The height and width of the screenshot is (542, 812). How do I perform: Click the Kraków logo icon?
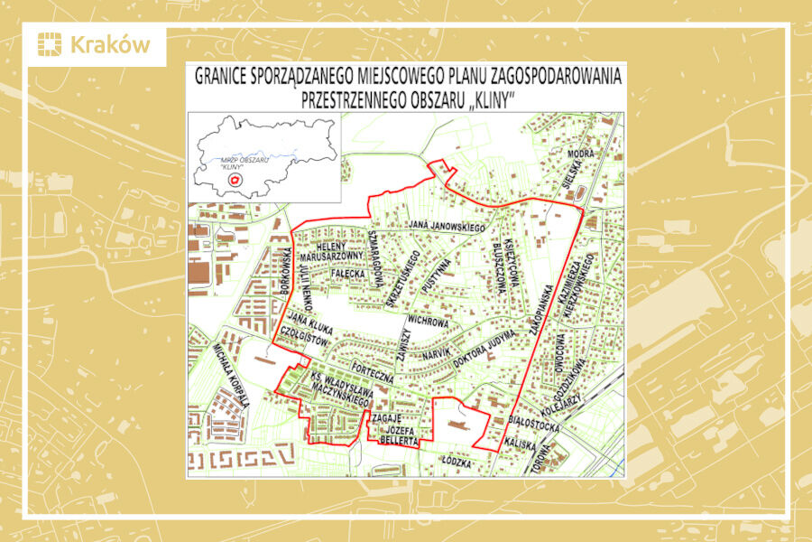(51, 44)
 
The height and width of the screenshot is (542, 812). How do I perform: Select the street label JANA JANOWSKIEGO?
(448, 225)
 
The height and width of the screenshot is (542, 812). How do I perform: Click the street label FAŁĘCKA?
(346, 271)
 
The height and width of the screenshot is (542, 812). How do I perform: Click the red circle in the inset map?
(235, 180)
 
